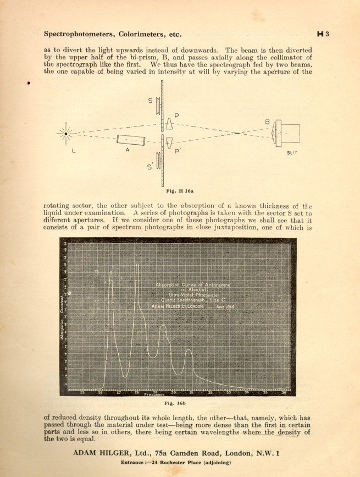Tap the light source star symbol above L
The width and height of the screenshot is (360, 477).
[66, 133]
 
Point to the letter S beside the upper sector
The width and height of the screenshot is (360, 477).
[150, 100]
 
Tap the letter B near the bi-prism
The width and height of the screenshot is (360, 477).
[267, 122]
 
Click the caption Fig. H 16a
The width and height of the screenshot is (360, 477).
[180, 191]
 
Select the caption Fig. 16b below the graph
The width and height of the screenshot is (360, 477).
[180, 404]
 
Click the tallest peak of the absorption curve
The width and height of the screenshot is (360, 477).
[137, 265]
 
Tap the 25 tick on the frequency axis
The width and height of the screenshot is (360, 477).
[82, 392]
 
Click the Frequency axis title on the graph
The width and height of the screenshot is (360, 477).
[154, 395]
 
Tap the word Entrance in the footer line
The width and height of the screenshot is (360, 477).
[135, 463]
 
